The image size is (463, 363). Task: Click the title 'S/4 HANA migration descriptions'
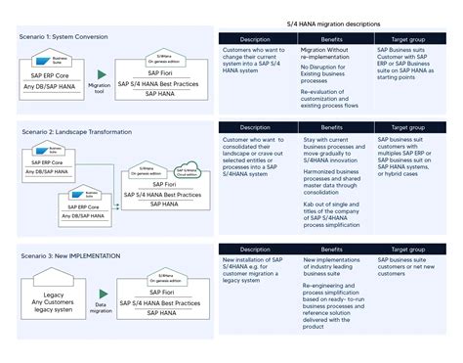(x=333, y=23)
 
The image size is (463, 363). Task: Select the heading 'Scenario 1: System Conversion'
(x=63, y=36)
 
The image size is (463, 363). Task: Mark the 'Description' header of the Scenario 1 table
(x=256, y=40)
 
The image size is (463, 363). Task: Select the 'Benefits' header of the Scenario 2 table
(x=331, y=127)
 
